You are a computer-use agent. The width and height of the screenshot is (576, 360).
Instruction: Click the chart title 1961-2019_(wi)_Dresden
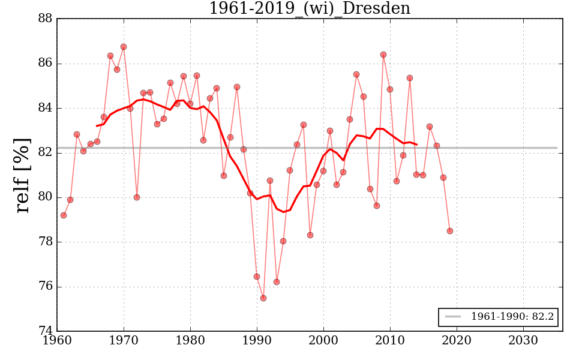click(310, 9)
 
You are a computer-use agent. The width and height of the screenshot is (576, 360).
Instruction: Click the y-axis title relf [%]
click(23, 175)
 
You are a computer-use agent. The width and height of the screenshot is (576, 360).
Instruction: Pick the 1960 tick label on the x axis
click(58, 340)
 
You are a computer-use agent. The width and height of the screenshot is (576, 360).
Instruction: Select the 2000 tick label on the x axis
click(323, 340)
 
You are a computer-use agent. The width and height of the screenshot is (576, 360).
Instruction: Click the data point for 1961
click(64, 215)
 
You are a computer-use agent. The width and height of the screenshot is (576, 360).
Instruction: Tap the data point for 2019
click(450, 231)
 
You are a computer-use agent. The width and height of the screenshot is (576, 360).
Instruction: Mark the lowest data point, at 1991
click(263, 298)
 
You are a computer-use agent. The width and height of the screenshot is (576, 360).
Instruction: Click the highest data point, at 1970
click(124, 47)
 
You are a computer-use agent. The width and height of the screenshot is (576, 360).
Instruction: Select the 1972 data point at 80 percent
click(137, 197)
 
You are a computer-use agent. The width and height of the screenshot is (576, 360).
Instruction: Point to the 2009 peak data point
click(383, 55)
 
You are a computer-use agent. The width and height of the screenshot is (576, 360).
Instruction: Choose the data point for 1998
click(310, 235)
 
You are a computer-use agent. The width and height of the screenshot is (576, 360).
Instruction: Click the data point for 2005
click(356, 74)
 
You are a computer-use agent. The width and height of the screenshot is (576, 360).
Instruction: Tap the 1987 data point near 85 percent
click(237, 87)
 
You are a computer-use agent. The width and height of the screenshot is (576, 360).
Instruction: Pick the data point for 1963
click(77, 134)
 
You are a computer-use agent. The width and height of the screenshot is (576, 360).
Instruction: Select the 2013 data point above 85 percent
click(410, 78)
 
